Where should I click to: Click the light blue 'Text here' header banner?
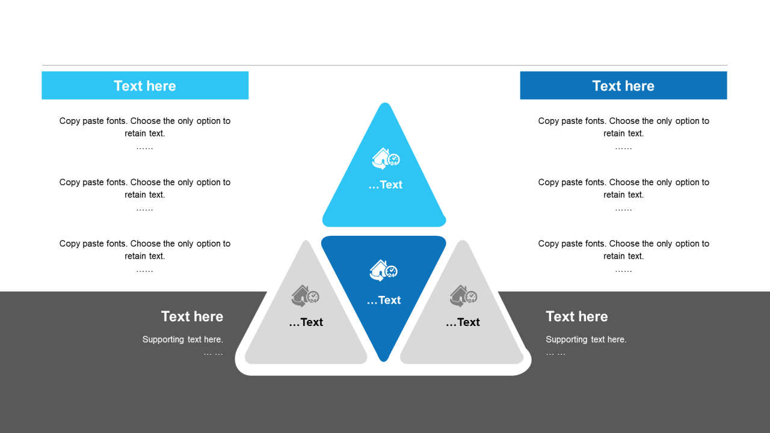coord(145,85)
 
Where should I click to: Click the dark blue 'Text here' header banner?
coord(623,85)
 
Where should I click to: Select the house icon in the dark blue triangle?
coord(383,271)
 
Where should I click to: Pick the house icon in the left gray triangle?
coord(305,296)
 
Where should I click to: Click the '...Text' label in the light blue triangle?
coord(385,185)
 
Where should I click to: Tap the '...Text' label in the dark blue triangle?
coord(384,300)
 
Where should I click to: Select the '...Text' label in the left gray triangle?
coord(306,322)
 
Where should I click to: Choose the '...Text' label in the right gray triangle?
coord(463,322)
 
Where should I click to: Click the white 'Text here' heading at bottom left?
coord(192,316)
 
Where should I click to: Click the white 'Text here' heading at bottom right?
coord(576,316)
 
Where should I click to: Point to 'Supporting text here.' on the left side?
coord(182,339)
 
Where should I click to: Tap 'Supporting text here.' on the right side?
coord(586,339)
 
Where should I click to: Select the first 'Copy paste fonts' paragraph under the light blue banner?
coord(145,127)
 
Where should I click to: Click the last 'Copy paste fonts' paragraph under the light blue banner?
coord(145,250)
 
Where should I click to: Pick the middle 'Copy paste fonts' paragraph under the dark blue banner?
coord(624,188)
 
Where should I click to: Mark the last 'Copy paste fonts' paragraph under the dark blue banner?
coord(624,250)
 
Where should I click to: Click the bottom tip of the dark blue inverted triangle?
coord(383,360)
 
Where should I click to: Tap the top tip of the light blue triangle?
coord(384,105)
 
